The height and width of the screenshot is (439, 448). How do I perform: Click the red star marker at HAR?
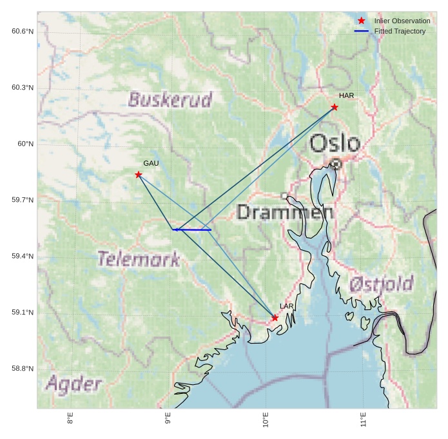(x=335, y=107)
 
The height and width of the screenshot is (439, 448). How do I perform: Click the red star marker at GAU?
(x=139, y=175)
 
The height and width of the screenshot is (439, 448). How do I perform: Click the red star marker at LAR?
(x=275, y=318)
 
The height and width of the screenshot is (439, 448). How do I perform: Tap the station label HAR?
(x=347, y=96)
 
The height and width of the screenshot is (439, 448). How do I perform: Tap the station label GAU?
(x=151, y=164)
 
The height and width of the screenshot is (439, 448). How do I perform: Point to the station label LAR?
(x=287, y=306)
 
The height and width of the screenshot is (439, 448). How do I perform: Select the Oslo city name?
(x=335, y=143)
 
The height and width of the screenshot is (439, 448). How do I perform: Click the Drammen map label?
(x=285, y=212)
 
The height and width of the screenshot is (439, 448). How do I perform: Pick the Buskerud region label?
(x=170, y=100)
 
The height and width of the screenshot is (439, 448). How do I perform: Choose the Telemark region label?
(x=139, y=259)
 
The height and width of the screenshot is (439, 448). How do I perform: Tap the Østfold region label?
(x=381, y=284)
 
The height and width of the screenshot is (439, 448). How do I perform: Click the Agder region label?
(x=73, y=385)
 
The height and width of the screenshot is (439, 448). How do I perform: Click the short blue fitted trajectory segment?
(x=193, y=229)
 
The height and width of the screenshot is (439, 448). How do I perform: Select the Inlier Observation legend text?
(x=402, y=21)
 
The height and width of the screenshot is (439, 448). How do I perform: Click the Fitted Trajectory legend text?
(x=400, y=31)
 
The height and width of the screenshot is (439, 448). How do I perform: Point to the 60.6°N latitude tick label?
(x=23, y=32)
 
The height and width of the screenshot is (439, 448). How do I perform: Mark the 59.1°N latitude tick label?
(x=23, y=313)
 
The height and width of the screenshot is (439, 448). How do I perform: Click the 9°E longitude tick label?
(x=168, y=420)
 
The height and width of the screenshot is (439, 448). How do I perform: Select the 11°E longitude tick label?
(x=364, y=420)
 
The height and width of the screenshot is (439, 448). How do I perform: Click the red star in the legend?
(x=362, y=21)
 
